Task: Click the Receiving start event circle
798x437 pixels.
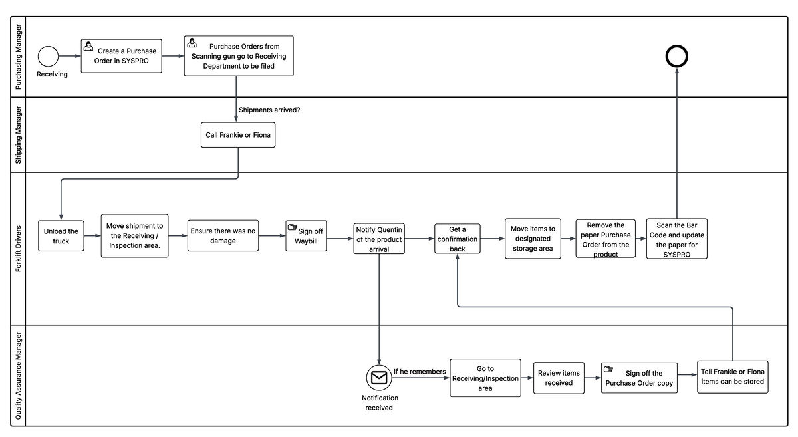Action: pos(49,56)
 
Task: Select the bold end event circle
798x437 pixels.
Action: pos(676,57)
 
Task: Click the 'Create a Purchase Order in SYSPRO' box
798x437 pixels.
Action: pos(121,55)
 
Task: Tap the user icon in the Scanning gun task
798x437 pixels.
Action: pos(192,43)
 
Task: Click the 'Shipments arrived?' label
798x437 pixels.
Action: pos(269,110)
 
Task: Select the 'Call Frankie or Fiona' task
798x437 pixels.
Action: pos(238,134)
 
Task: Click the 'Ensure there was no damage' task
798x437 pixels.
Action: pos(223,235)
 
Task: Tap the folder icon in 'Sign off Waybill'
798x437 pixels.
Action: pos(292,227)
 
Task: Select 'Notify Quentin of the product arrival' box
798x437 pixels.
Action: pos(379,239)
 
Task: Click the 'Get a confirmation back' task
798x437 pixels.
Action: pos(458,239)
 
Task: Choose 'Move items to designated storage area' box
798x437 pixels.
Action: pos(533,238)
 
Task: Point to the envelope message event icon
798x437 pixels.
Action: pos(379,378)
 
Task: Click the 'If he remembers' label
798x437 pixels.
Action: pos(420,372)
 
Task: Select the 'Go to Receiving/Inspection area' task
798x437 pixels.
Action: pos(485,378)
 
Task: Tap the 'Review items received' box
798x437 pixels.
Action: pos(559,378)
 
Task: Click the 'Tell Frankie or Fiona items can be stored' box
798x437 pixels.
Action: pos(732,376)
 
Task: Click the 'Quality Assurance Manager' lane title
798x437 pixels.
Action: pos(19,376)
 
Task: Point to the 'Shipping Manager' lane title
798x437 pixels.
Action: pos(19,134)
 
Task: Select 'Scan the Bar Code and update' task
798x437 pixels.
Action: pos(677,239)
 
